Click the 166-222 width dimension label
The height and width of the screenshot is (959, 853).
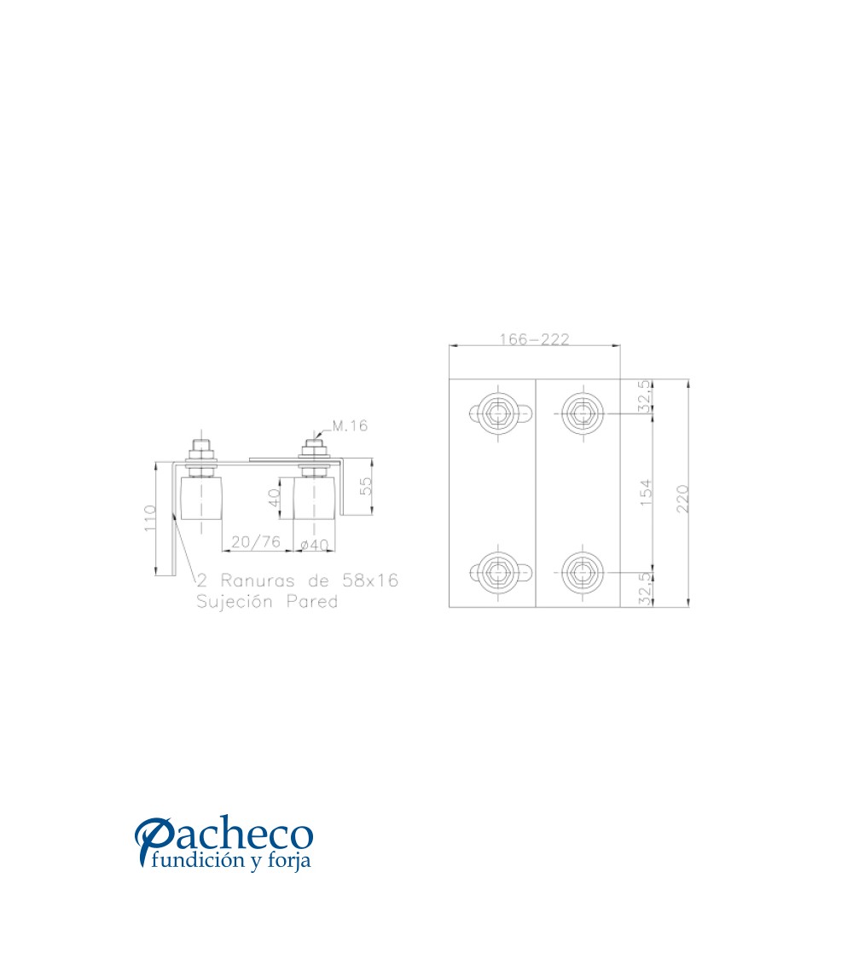[x=534, y=338]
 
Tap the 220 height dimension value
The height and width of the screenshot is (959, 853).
[x=683, y=499]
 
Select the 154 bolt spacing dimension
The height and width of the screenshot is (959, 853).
[x=646, y=493]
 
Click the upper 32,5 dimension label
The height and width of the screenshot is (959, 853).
[x=644, y=396]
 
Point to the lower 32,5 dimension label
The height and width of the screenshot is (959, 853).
[x=644, y=589]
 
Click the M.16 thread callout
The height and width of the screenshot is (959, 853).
[x=350, y=425]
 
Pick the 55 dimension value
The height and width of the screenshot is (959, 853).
[x=365, y=486]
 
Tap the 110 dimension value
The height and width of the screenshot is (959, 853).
[x=150, y=518]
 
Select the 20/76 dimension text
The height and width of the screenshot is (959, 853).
[x=256, y=541]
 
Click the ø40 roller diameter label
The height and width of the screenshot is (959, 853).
[x=315, y=544]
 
